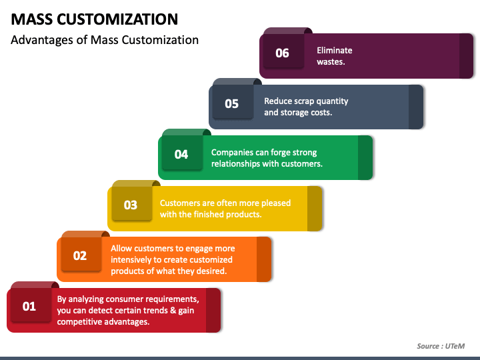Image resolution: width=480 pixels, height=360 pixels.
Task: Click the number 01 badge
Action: [29, 307]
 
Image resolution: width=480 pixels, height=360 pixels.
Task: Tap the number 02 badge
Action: [80, 255]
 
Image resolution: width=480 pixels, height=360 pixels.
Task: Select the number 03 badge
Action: [131, 205]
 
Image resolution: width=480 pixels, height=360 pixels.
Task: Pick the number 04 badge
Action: [181, 154]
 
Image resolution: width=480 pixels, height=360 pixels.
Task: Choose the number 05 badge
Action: [231, 103]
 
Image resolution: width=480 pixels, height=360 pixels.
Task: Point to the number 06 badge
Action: [283, 53]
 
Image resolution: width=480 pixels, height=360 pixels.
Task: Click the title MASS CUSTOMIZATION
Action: [95, 19]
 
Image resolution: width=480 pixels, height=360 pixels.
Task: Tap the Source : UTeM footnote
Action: [440, 345]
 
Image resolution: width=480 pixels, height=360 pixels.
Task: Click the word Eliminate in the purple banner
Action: [335, 50]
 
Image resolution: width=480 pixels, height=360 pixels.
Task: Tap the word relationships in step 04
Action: [238, 164]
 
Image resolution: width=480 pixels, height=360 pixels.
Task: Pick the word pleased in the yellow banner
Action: [276, 203]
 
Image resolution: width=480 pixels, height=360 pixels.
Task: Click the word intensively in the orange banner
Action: [133, 259]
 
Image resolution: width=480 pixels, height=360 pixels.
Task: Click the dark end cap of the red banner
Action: [213, 310]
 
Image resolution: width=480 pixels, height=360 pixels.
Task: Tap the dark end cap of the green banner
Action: [365, 157]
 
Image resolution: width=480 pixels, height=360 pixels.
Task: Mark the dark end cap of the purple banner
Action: [467, 56]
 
